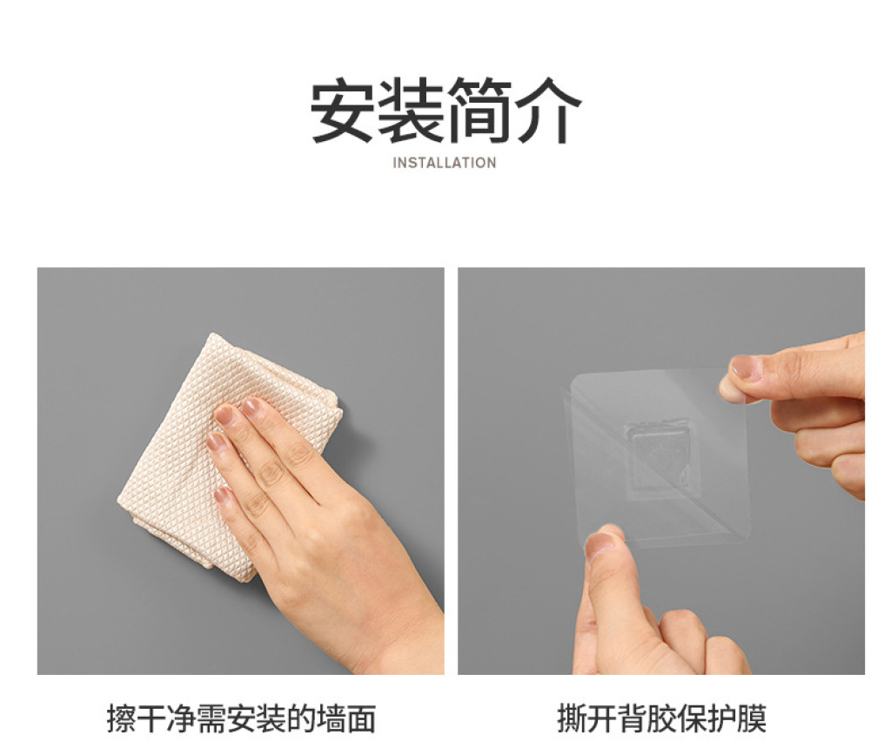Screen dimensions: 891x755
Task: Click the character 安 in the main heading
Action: [x=342, y=110]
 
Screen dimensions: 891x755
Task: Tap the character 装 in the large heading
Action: [x=411, y=110]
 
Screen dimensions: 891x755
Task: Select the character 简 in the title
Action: [x=479, y=110]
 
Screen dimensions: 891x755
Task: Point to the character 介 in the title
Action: [x=548, y=110]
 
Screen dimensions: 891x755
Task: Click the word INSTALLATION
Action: [x=445, y=163]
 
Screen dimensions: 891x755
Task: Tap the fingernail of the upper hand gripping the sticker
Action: [x=746, y=367]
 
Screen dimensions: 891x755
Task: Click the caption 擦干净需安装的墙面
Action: [x=242, y=718]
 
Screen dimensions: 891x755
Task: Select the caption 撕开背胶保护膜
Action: [x=661, y=718]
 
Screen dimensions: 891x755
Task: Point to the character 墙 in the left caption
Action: [x=332, y=718]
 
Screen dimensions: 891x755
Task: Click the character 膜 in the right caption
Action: [x=752, y=718]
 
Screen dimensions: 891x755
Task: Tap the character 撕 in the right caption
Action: [x=572, y=718]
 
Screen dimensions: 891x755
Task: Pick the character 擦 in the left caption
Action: [x=122, y=718]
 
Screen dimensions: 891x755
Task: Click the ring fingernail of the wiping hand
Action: [x=217, y=442]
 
